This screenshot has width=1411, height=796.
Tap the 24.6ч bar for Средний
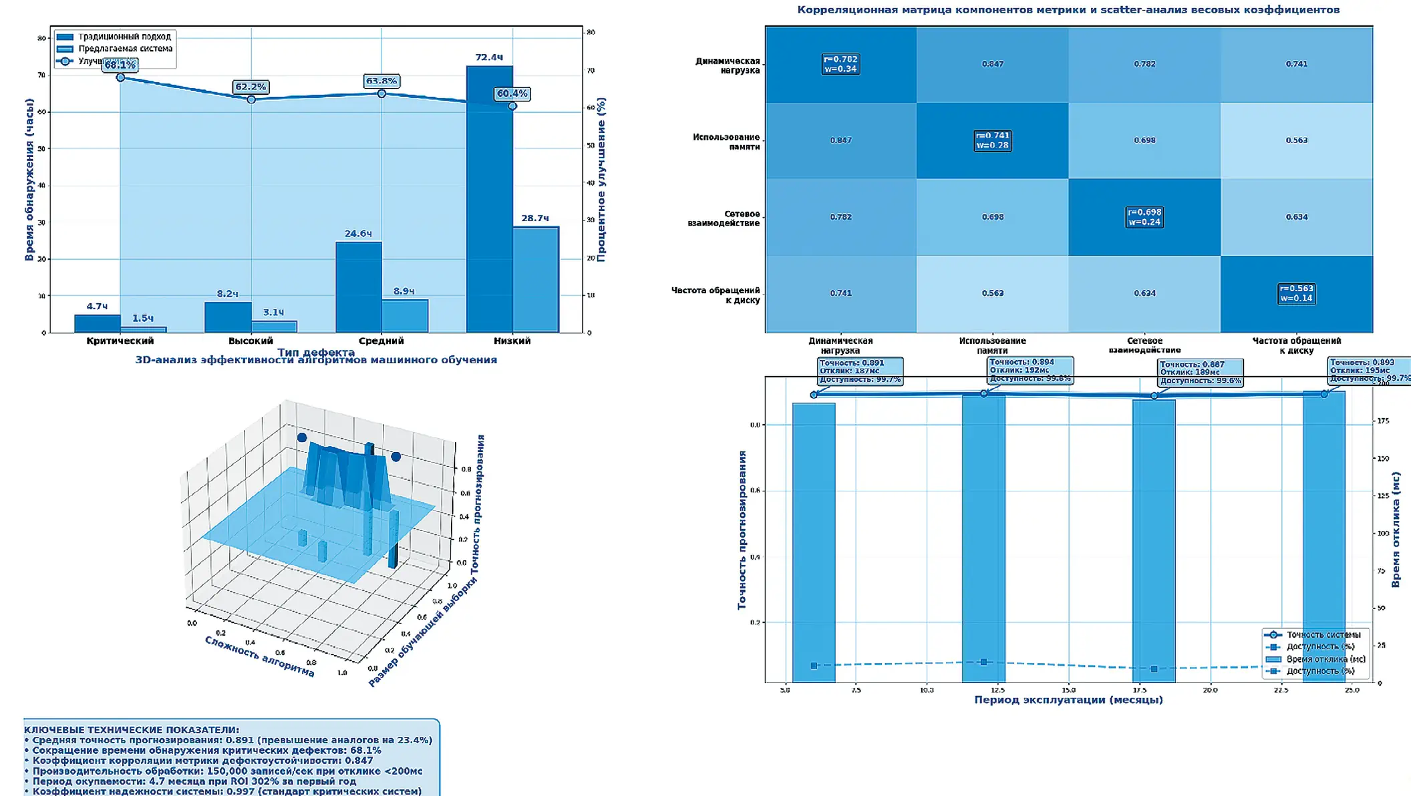[x=359, y=287]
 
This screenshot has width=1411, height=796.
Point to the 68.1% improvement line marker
[x=120, y=77]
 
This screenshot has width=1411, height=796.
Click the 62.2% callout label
[x=251, y=87]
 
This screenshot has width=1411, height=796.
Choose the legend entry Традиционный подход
[x=124, y=37]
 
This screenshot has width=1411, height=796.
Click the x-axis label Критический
[x=120, y=341]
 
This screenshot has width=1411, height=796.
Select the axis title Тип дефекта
[x=315, y=352]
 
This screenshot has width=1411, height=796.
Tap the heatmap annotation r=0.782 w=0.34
[x=840, y=64]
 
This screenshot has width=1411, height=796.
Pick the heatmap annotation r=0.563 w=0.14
[x=1296, y=294]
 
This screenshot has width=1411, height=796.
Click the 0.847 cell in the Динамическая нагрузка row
[x=992, y=64]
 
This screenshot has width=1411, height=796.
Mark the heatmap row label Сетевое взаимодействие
[x=724, y=218]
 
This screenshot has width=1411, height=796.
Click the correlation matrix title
[x=1068, y=10]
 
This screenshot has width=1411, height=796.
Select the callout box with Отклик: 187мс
[x=860, y=371]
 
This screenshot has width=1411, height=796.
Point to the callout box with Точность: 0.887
[x=1200, y=372]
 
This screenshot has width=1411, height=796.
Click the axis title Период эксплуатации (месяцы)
[x=1068, y=700]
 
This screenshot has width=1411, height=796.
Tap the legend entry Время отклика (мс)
[x=1325, y=659]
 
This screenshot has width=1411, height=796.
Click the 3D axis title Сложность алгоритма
[x=259, y=656]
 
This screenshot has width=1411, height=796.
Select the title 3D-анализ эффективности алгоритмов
[x=316, y=360]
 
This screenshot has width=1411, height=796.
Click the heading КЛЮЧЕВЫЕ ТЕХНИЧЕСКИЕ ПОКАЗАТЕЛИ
[x=132, y=730]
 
